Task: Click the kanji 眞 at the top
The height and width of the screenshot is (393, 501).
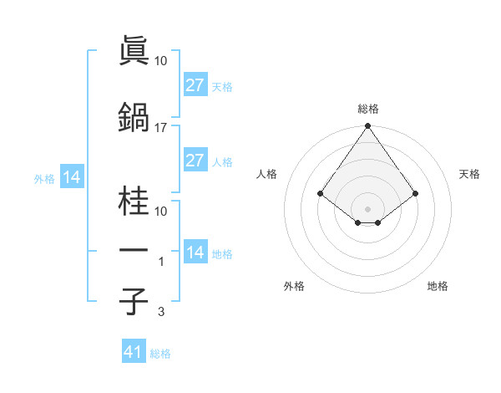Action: point(134,51)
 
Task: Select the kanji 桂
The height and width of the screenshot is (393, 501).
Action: point(134,202)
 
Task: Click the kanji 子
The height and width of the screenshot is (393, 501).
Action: point(134,302)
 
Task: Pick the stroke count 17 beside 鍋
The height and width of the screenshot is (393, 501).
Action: point(161,127)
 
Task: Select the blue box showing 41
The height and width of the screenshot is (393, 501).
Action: point(134,352)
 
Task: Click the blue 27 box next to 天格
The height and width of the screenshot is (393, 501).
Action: point(195,85)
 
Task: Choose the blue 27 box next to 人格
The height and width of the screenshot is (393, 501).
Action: point(195,161)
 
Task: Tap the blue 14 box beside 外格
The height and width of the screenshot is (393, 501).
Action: point(71,177)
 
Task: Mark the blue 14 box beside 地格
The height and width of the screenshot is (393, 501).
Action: point(195,253)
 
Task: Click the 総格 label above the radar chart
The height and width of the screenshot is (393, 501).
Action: point(368,109)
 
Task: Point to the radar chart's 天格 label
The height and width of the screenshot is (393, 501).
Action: point(469,174)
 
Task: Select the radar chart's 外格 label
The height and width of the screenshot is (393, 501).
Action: point(294,286)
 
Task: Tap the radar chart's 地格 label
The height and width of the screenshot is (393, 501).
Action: point(438,286)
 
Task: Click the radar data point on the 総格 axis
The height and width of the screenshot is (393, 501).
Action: point(367,127)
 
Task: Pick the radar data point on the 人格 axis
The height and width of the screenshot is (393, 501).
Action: point(321,193)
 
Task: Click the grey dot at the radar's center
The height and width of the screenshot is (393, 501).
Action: point(367,208)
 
